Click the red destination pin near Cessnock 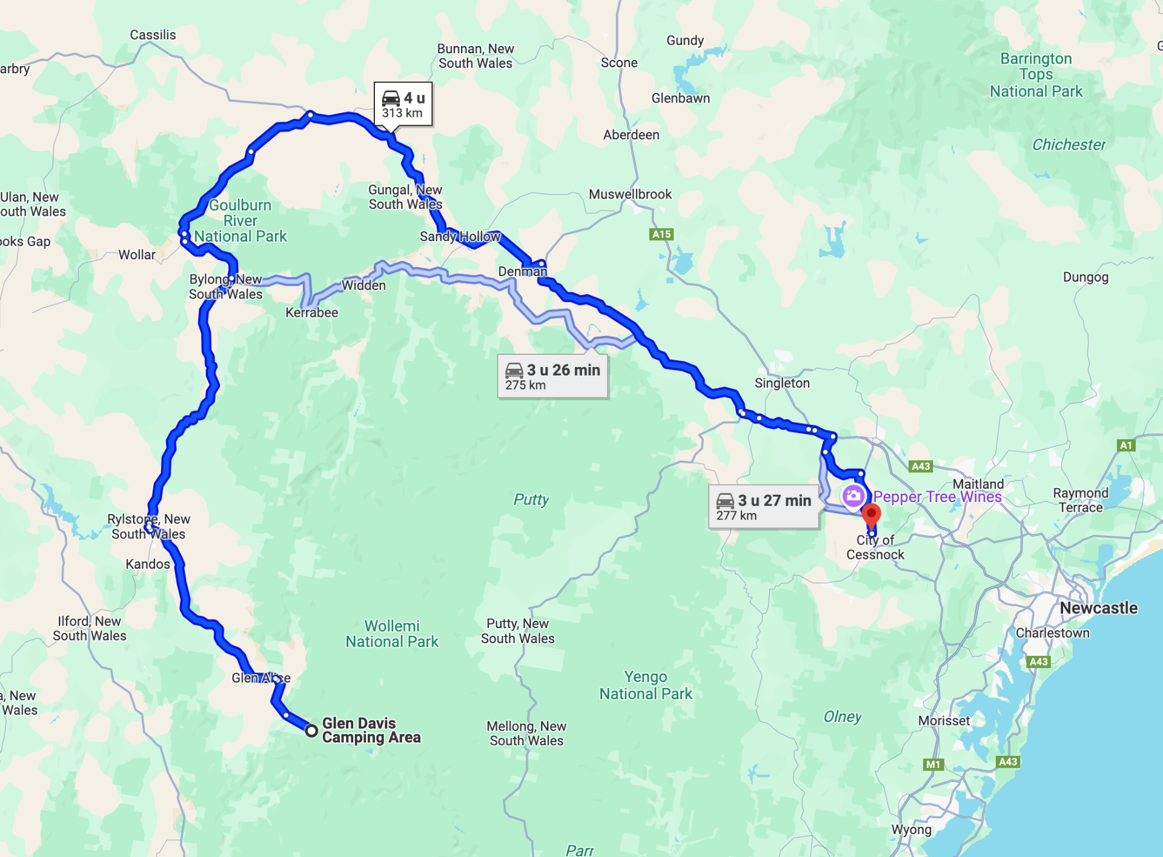coord(871,515)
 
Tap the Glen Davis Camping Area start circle coord(311,730)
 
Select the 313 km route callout coord(403,104)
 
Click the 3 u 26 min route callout coord(552,376)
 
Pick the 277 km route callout coord(763,507)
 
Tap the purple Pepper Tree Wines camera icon coord(853,496)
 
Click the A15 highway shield coord(661,234)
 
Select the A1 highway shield coord(1125,445)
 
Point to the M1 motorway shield coord(933,764)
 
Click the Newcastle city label coord(1098,608)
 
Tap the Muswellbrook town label coord(630,194)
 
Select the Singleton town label coord(781,383)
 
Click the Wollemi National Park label coord(392,634)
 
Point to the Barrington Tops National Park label coord(1036,75)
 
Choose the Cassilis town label coord(153,35)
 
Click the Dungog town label coord(1085,277)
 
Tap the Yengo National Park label coord(646,685)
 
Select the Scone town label coord(619,63)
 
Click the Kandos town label coord(148,564)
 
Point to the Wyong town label coord(911,829)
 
